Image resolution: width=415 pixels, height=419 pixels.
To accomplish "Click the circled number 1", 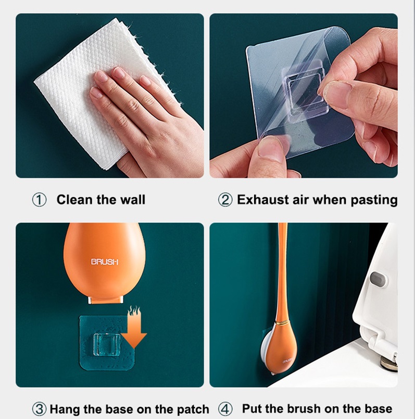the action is (39, 200).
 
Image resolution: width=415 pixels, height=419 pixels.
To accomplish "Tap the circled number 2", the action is (225, 200).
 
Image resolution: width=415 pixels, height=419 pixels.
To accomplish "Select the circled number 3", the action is (39, 409).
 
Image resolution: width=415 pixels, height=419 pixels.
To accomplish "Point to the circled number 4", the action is (225, 409).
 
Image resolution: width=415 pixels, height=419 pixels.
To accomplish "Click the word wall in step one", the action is (133, 200).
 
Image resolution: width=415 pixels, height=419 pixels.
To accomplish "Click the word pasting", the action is (374, 200).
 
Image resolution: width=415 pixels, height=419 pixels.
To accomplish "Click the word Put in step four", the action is (252, 409).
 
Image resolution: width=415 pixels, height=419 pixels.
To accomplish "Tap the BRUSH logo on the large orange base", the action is (105, 261).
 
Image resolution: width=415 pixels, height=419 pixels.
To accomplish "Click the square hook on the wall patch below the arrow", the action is (106, 344).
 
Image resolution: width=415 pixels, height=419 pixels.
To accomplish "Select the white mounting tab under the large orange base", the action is (106, 300).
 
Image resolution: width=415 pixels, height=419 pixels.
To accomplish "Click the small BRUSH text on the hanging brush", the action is (287, 361).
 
